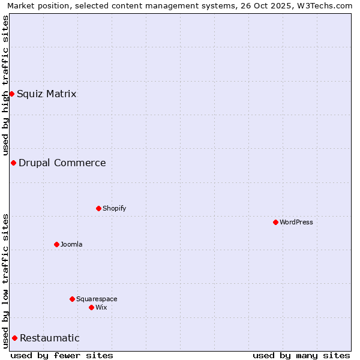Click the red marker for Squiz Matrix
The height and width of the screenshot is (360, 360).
tap(11, 94)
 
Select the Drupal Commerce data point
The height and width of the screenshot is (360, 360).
tap(13, 163)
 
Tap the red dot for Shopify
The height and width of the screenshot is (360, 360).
tap(98, 208)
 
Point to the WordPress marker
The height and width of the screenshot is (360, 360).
tap(275, 222)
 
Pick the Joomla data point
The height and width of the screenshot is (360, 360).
tap(56, 244)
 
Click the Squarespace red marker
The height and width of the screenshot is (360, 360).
tap(72, 299)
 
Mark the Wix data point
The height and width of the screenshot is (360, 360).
tap(91, 307)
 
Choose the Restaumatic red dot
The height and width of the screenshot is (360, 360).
tap(14, 338)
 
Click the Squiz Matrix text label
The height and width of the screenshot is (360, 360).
tap(46, 94)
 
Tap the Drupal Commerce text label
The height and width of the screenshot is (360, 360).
tap(62, 163)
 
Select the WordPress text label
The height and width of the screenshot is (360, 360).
tap(296, 222)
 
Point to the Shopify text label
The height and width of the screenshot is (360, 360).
tap(114, 208)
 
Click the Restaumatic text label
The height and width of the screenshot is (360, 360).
tap(49, 338)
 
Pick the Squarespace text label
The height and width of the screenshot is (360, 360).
tap(97, 299)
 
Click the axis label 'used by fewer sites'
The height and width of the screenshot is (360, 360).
tap(62, 355)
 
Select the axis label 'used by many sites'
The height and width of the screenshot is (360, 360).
tap(301, 355)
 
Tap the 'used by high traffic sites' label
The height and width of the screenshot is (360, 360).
tap(5, 85)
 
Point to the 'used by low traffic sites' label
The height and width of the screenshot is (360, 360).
tap(5, 280)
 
